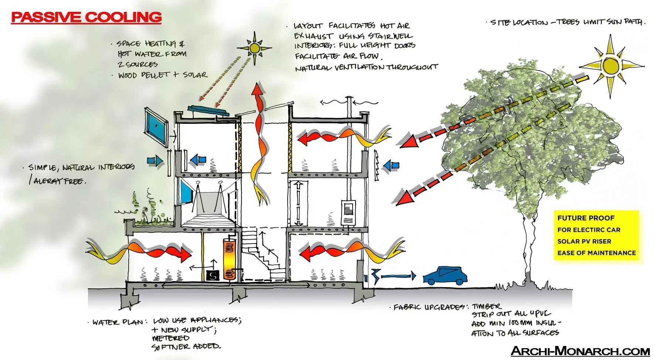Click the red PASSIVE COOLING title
click(x=86, y=17)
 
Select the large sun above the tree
click(x=612, y=65)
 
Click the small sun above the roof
click(x=254, y=48)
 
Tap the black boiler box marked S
click(x=213, y=275)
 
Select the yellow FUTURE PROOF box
click(x=596, y=235)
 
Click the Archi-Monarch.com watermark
click(x=580, y=351)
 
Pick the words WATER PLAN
click(x=118, y=322)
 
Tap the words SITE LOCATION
click(x=519, y=23)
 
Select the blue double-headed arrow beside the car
click(x=398, y=276)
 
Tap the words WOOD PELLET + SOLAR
click(x=163, y=75)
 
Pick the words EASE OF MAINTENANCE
click(x=596, y=253)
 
